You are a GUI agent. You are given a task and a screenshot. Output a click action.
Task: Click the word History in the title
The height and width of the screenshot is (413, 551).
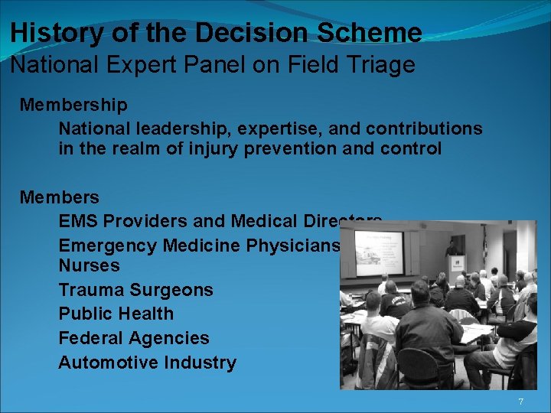coord(54,33)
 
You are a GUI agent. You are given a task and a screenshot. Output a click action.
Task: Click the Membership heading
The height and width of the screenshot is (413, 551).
coord(73,104)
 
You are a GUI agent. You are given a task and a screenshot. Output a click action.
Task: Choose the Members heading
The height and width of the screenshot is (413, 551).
coord(60,197)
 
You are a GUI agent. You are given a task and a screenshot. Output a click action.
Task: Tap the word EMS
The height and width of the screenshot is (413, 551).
coord(78,221)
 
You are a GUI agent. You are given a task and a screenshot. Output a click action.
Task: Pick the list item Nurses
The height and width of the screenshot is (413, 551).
coord(89,265)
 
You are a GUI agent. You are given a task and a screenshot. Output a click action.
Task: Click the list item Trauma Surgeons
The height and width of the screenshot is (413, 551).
coord(135,290)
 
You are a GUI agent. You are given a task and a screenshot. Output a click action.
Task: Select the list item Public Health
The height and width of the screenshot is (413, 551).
coord(116,314)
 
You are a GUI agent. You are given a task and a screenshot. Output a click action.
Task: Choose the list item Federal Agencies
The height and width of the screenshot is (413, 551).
coord(133,338)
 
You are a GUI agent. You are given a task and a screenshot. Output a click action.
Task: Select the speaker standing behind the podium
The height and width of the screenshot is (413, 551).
coord(452,248)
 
